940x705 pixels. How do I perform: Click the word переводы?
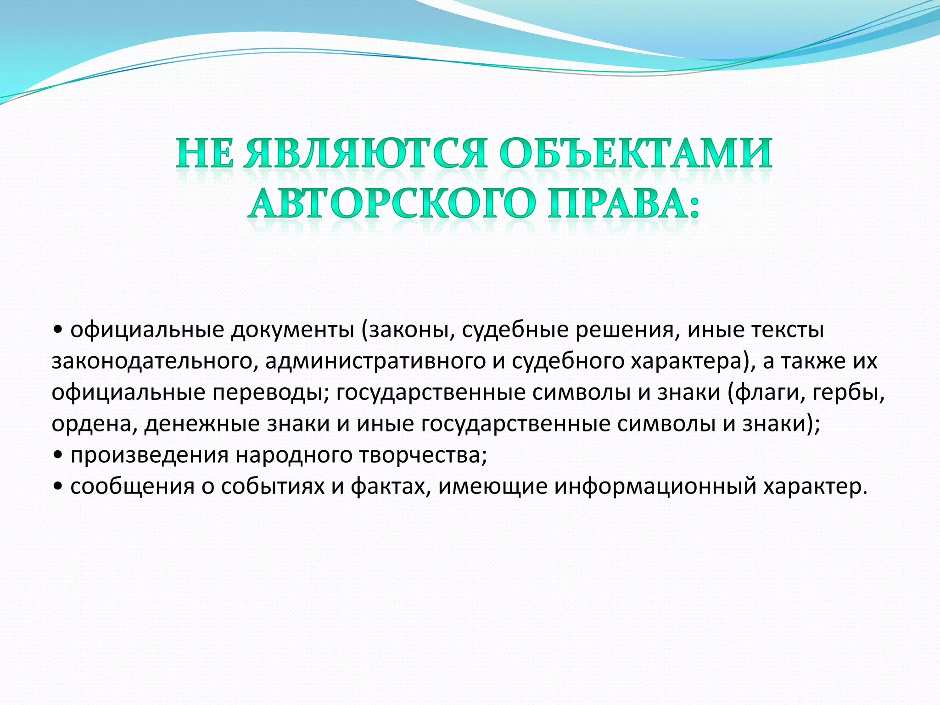[270, 393]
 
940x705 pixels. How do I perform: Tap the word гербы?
[851, 393]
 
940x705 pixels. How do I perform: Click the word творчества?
[422, 456]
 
